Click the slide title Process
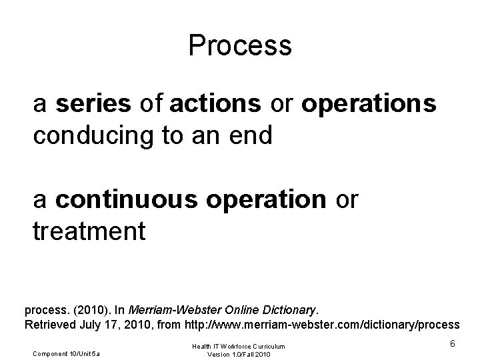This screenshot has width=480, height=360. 240,45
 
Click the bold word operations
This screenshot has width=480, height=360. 369,104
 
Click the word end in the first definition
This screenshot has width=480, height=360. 251,135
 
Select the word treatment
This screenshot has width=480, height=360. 89,231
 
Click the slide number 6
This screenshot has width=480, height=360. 452,343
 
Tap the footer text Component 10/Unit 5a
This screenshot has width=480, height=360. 65,353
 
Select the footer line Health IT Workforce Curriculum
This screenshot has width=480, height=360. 239,345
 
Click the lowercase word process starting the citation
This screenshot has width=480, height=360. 43,310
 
